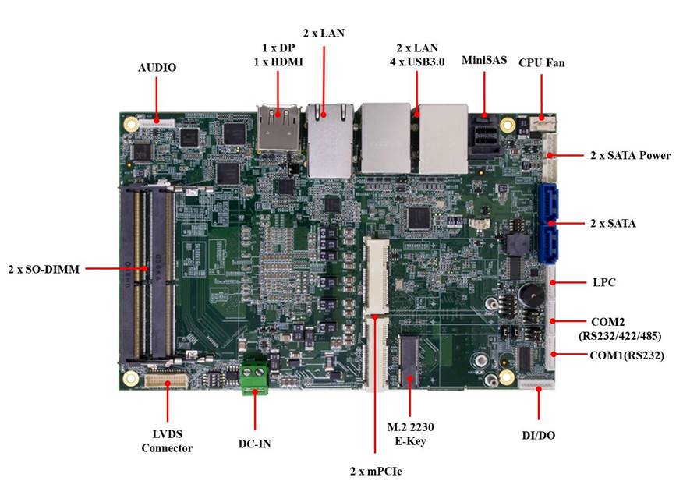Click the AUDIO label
[x=157, y=68]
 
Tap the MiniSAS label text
[x=484, y=59]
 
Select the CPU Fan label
[x=542, y=62]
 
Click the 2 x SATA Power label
[x=630, y=156]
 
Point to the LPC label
[x=603, y=282]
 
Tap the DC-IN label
[x=255, y=443]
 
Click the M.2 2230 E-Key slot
[x=411, y=361]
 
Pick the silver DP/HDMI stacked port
[x=278, y=127]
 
